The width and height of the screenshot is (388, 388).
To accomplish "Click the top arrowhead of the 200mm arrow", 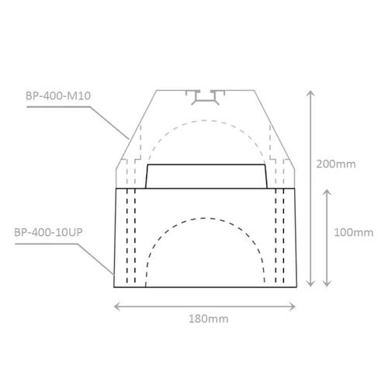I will [311, 92].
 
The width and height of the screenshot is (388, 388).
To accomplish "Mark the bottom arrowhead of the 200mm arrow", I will [311, 284].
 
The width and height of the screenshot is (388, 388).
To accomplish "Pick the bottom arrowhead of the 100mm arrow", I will [331, 284].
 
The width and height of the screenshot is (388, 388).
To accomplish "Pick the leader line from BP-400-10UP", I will [97, 248].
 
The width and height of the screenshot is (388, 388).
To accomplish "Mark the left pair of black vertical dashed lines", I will [130, 237].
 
